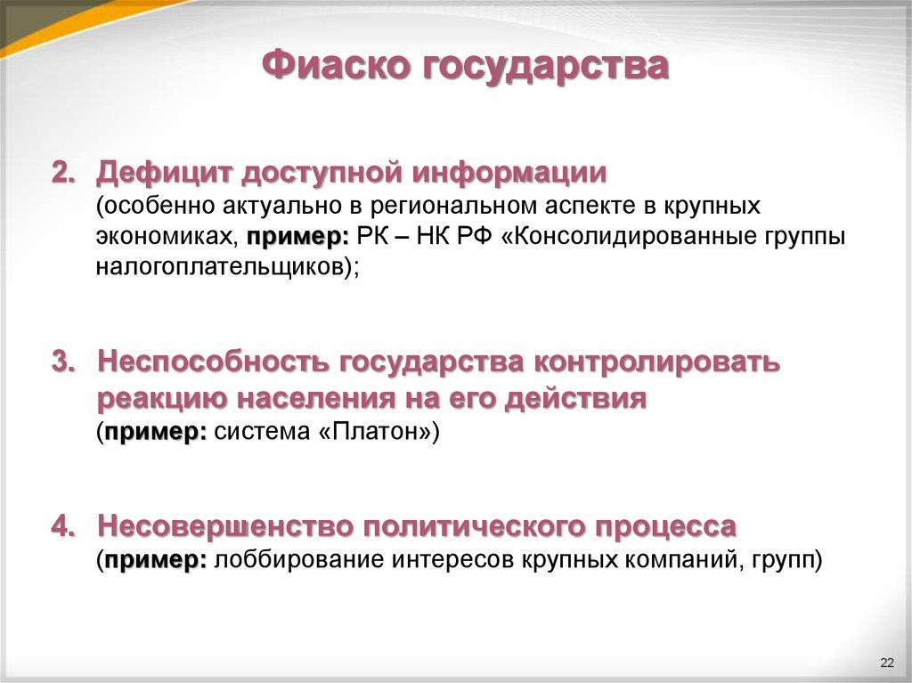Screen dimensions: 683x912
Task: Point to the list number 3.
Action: click(62, 362)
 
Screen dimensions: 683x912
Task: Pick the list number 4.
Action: click(62, 526)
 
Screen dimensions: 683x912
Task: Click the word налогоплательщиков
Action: click(218, 267)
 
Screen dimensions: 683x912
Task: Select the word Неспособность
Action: click(212, 362)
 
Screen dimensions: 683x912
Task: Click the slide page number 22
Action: click(886, 662)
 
